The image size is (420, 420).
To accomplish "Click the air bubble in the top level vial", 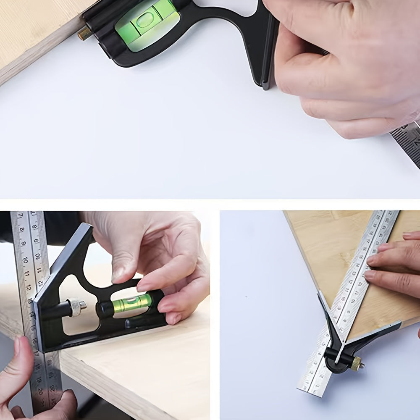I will tap(144, 20).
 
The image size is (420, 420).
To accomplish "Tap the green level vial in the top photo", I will tap(147, 23).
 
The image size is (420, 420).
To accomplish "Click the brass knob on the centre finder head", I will tap(357, 364).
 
